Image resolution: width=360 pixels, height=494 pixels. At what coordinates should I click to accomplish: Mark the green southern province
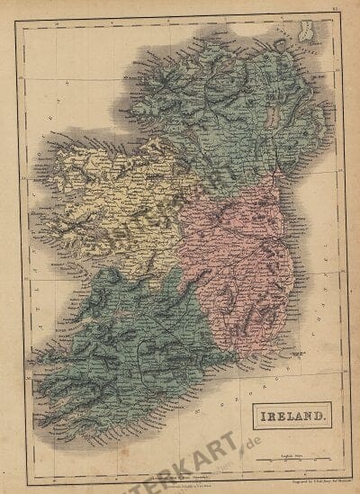[126, 351]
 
